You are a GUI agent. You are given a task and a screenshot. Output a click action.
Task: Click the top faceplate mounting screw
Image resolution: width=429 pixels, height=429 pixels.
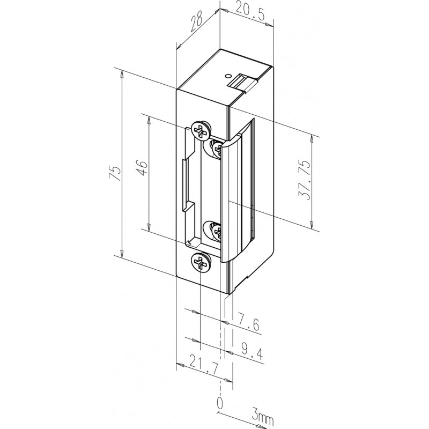tap(200, 130)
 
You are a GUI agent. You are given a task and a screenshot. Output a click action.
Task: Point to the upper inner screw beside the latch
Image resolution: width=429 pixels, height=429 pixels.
tap(218, 147)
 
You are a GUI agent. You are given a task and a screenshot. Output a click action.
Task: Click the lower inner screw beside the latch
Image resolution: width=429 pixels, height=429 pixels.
tap(218, 233)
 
